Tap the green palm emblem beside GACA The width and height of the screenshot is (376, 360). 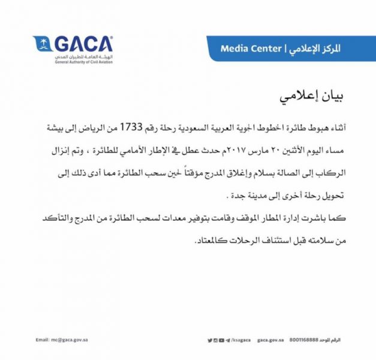(x=43, y=44)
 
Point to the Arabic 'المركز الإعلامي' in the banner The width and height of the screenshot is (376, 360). (x=315, y=48)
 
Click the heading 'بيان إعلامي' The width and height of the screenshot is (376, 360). (x=315, y=97)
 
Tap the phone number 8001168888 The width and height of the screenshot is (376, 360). (x=306, y=340)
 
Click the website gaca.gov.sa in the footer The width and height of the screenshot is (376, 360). (x=269, y=340)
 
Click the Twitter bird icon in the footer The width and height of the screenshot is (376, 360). (x=209, y=340)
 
